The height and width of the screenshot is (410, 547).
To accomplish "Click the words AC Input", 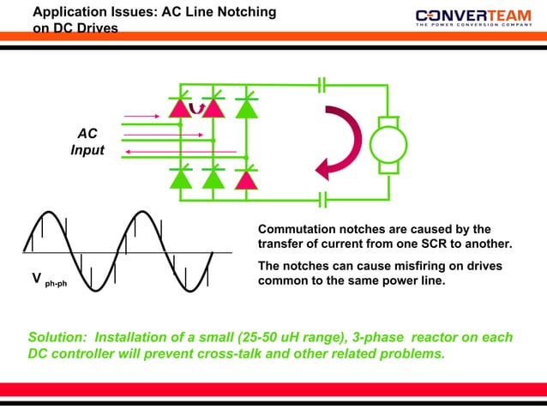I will (87, 142).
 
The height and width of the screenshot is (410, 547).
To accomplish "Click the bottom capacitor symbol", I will (322, 200).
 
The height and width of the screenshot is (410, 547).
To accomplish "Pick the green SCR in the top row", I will (247, 108).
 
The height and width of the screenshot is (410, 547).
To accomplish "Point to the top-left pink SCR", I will (181, 108).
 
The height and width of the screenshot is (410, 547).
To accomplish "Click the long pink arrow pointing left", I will (180, 152).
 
